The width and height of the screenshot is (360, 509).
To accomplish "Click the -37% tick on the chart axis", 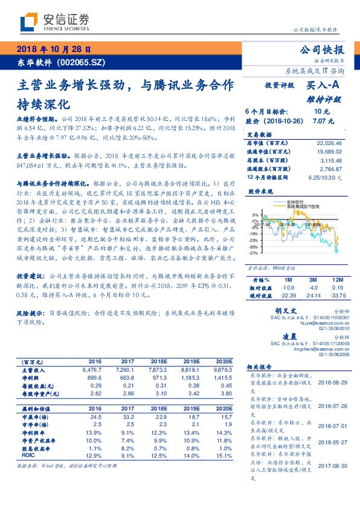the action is click(254, 253).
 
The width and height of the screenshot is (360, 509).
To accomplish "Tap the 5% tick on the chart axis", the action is click(256, 214).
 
